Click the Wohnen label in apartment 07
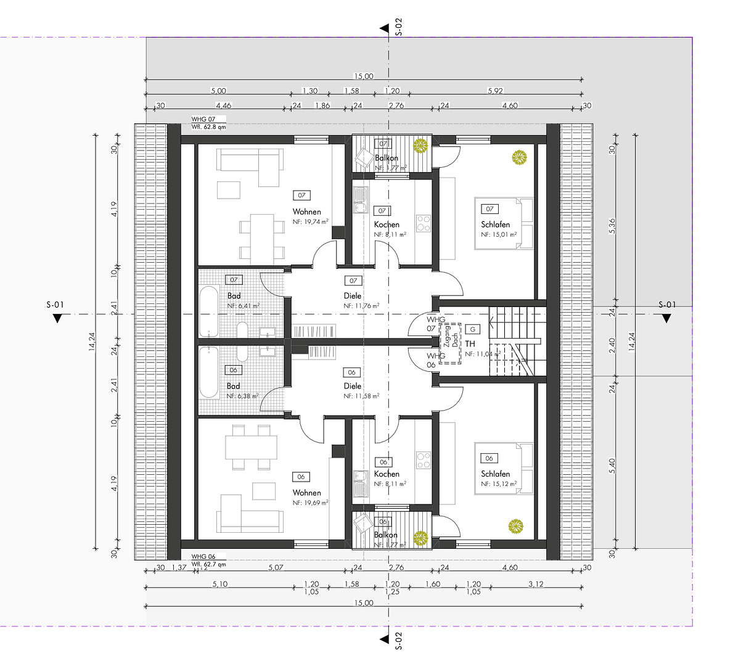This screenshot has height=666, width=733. coord(306,212)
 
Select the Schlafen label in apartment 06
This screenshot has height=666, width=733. coord(495,474)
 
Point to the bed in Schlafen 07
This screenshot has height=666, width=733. coord(503,223)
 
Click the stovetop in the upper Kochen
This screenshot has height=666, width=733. coord(424,223)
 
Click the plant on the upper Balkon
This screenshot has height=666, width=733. coord(420,146)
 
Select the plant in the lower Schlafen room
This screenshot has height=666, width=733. coord(515,526)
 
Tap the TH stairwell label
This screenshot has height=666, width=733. coord(470,343)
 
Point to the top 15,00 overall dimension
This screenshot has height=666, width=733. coord(363,76)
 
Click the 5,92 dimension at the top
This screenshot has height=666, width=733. coord(495,91)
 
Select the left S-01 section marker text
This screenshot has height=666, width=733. coord(55,304)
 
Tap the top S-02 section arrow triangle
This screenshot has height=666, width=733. coord(383,28)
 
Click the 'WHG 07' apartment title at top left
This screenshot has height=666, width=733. coord(203,119)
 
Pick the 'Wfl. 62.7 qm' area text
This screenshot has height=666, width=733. coord(208,564)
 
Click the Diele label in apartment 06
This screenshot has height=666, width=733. coord(353,386)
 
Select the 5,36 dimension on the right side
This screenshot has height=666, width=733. coord(612,227)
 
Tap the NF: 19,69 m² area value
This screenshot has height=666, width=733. coord(310,503)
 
